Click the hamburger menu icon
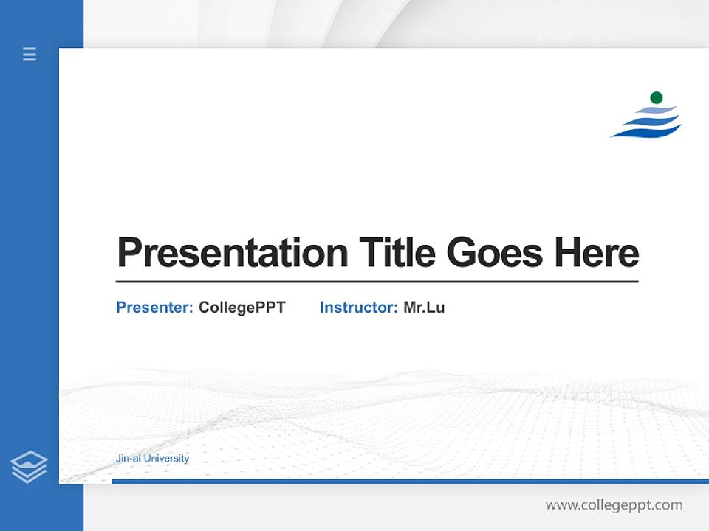(x=30, y=54)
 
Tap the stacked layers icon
(x=29, y=467)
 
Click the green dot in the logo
(x=656, y=97)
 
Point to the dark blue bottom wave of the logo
(x=646, y=132)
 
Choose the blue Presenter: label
(x=154, y=308)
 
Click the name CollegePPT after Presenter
(x=242, y=308)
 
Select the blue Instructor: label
(x=358, y=308)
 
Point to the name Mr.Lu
(x=424, y=308)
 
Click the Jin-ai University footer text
(x=152, y=459)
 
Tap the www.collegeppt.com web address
(x=614, y=505)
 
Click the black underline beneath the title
(x=377, y=281)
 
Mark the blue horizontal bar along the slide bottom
(x=410, y=481)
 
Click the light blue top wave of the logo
(x=657, y=110)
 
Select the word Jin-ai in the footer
(x=129, y=459)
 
